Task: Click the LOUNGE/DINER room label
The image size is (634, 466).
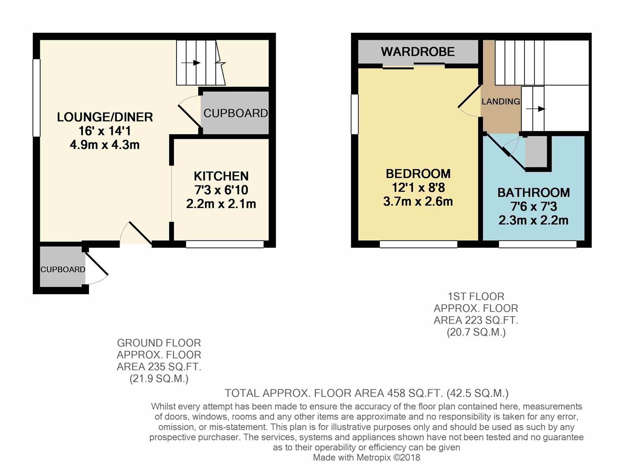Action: (105, 117)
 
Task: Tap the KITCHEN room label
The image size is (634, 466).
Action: (221, 176)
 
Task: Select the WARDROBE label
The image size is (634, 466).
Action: (418, 52)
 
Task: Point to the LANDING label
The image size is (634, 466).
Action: (501, 101)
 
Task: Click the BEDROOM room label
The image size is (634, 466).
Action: (418, 174)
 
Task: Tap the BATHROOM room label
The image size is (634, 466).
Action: (533, 193)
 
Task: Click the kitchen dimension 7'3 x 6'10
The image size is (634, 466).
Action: (221, 190)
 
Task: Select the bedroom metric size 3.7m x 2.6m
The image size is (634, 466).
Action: (418, 202)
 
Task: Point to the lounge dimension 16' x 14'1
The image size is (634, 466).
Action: (105, 131)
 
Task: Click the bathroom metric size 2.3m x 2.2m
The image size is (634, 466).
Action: (533, 220)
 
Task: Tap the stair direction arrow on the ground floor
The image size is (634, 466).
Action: (191, 63)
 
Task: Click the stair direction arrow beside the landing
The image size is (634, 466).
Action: (536, 109)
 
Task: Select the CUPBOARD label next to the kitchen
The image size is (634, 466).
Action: (236, 113)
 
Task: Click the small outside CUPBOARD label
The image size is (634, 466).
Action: (63, 269)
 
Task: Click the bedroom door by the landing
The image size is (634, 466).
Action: (469, 96)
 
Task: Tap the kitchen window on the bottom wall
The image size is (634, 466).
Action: (225, 245)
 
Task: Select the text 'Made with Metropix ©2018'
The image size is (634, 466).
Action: (366, 457)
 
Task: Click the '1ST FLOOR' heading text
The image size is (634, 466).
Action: (476, 296)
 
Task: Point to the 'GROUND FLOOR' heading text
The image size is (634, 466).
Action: (159, 343)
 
